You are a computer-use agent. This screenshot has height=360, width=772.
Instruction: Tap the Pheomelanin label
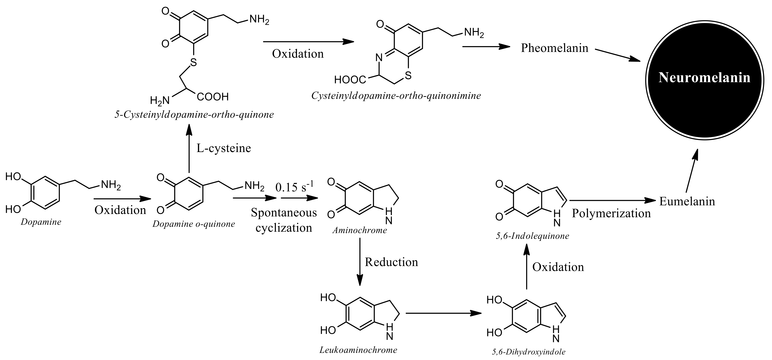click(554, 48)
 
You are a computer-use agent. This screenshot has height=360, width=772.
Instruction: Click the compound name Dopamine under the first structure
click(41, 222)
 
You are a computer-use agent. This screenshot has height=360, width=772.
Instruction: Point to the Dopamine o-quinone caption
click(194, 224)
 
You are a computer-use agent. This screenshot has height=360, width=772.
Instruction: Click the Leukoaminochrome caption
click(358, 350)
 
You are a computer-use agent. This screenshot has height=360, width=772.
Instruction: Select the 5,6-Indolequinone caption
click(532, 236)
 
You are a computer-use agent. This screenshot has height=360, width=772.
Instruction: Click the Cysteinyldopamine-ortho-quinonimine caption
click(396, 96)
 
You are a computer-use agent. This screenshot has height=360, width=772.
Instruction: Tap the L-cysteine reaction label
click(224, 148)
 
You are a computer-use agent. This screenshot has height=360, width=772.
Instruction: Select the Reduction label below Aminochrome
click(391, 262)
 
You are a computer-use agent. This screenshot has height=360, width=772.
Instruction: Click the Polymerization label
click(611, 213)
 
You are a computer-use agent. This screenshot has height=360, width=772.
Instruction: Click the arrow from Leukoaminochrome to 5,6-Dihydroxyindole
click(444, 313)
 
